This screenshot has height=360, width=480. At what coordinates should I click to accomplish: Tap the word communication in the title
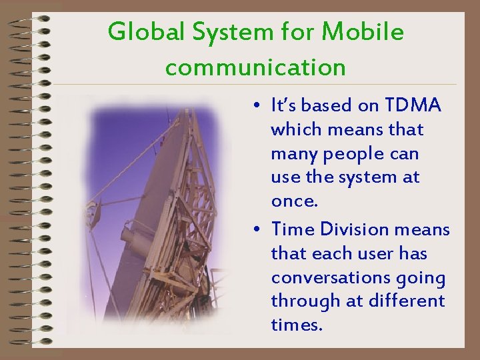click(255, 67)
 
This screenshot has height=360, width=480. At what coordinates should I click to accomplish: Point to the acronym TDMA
click(413, 105)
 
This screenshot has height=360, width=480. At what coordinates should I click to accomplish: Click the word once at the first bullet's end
click(295, 201)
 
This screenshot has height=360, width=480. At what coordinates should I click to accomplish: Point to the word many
click(294, 155)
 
